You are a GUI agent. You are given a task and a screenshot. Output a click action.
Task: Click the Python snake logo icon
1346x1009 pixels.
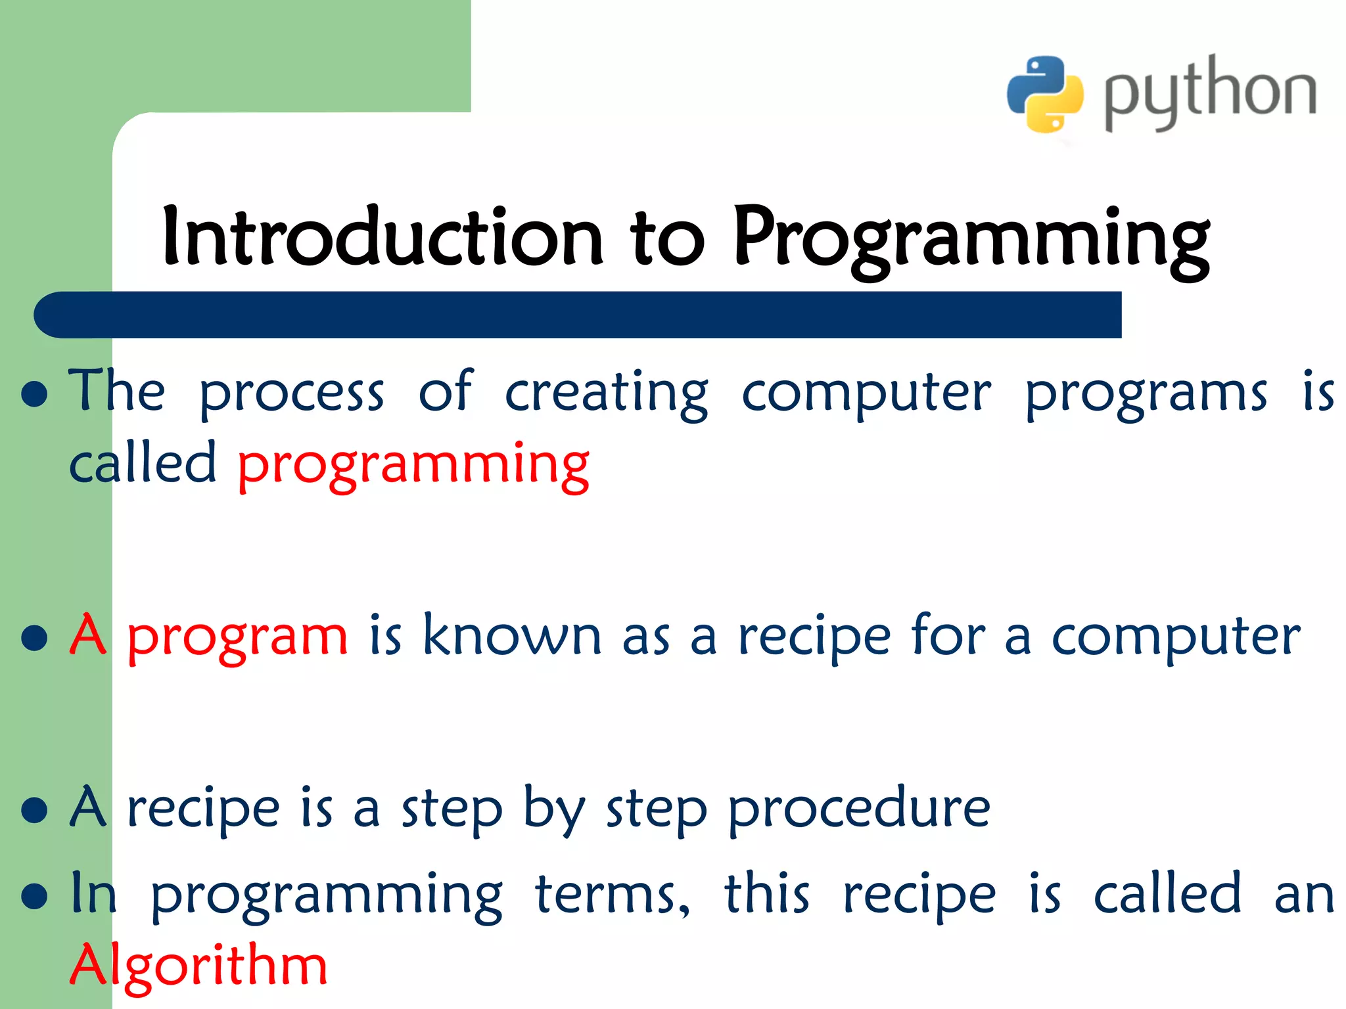click(1045, 93)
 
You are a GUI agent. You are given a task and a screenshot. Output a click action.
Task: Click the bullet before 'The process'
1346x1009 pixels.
click(34, 394)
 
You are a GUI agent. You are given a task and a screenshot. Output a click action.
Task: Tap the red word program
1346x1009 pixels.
click(237, 637)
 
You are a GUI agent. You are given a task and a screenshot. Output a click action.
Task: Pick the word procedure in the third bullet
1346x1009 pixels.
click(859, 809)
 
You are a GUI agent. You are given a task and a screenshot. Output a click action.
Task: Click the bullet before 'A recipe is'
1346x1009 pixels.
click(34, 810)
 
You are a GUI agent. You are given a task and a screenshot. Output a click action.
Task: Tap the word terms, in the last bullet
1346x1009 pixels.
click(613, 895)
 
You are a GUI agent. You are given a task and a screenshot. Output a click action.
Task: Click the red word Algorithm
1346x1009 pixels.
click(198, 966)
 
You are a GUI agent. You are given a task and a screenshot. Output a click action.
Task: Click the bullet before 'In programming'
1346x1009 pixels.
click(34, 895)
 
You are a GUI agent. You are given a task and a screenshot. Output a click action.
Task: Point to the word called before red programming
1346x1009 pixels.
click(143, 464)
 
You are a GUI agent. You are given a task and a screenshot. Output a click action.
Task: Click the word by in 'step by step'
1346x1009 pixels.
click(553, 811)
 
